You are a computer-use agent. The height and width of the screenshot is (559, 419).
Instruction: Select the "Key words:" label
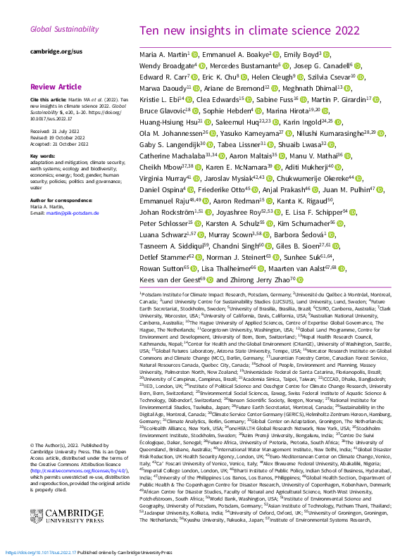43,156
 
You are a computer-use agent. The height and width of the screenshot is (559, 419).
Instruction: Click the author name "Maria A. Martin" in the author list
164,55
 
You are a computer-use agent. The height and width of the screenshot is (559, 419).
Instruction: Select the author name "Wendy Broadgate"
165,66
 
